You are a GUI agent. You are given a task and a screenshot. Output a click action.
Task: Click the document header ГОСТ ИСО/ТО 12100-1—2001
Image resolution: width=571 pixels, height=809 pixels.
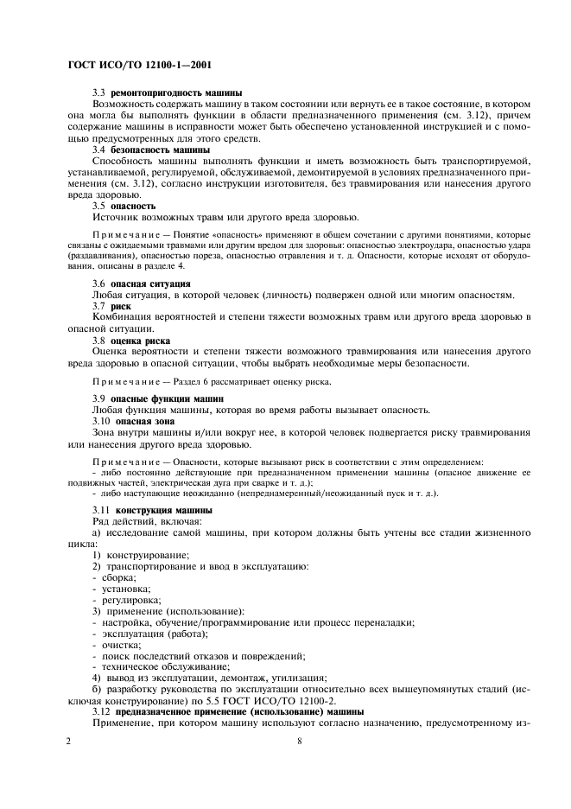click(139, 65)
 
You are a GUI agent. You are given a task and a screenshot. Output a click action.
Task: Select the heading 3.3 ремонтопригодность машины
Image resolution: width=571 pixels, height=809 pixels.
click(167, 92)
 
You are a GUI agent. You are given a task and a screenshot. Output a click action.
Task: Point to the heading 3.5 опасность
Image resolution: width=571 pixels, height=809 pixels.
click(124, 207)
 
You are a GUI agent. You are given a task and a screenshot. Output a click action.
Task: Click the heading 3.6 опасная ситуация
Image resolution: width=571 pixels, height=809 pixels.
click(142, 283)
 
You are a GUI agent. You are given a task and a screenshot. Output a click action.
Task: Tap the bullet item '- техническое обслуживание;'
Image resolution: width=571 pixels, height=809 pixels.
click(161, 666)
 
